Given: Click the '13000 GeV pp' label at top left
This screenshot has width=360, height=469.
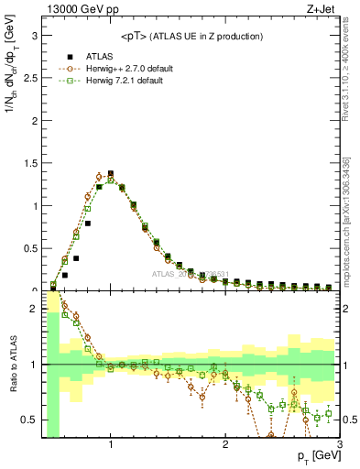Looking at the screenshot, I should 73,9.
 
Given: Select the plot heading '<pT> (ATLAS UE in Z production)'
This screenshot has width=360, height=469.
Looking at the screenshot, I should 191,36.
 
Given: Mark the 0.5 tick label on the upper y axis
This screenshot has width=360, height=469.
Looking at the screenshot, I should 29,248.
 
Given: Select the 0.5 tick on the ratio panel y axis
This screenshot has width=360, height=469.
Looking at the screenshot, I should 29,420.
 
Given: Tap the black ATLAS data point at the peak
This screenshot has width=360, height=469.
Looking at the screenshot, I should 111,173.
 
